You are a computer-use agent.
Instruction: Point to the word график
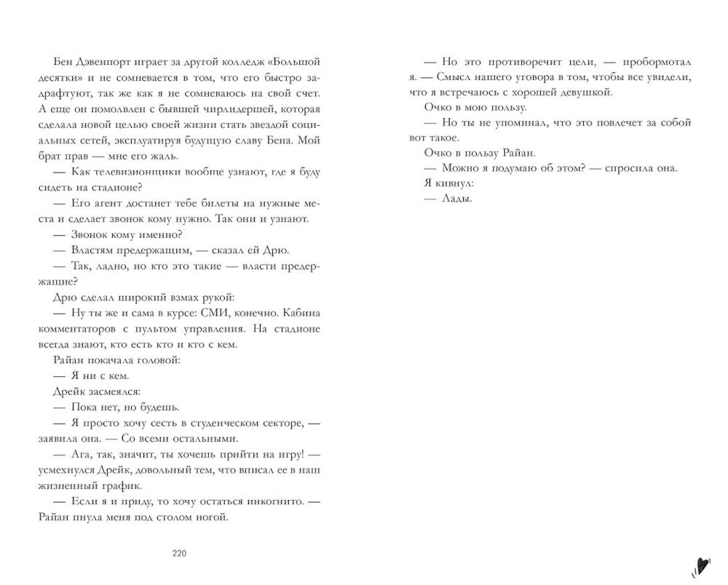click(x=124, y=486)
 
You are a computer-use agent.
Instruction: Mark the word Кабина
click(x=299, y=313)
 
